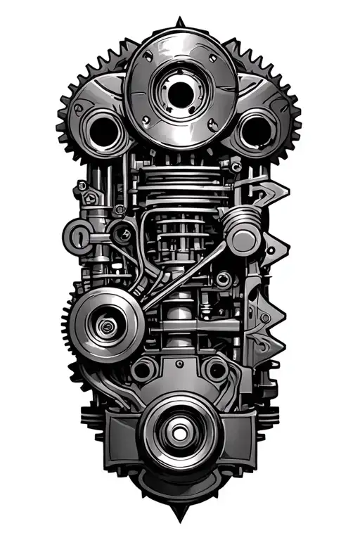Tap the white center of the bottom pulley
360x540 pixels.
click(179, 430)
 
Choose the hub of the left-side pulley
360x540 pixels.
click(106, 324)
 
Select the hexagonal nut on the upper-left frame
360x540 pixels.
click(83, 186)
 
